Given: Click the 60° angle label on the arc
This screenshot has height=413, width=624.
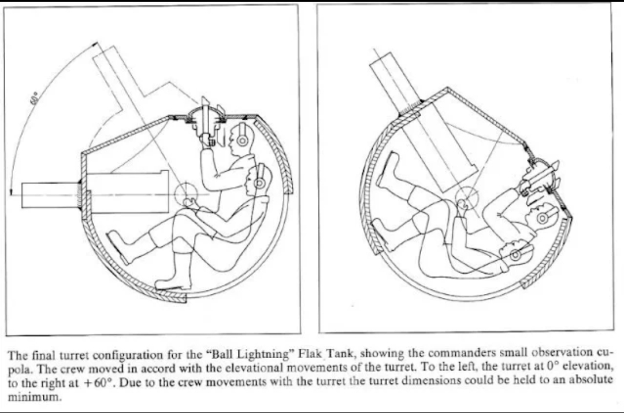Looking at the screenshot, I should pos(36,98).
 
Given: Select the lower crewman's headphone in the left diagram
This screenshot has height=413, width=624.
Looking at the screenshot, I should pos(259,183).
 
